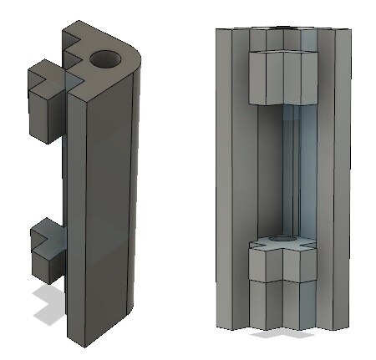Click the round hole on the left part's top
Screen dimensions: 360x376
point(105,59)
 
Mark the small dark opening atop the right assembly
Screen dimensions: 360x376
point(284,28)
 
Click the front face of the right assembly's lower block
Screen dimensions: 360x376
point(284,267)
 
